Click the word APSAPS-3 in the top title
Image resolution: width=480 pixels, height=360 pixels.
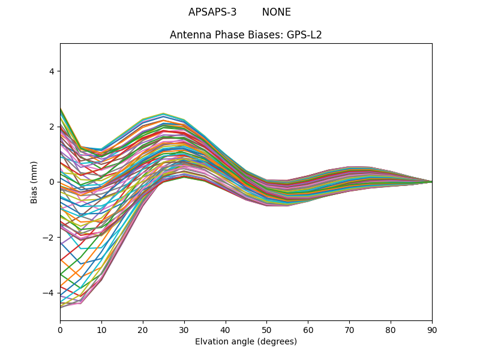212,12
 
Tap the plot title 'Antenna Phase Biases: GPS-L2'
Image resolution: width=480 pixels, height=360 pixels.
246,35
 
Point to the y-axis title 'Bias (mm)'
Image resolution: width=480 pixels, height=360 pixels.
34,182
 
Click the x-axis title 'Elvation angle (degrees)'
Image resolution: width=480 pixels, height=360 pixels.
246,341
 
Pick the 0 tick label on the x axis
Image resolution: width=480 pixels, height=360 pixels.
60,329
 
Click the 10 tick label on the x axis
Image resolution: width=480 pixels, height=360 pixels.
101,329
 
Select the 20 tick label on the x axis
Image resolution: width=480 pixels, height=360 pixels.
143,329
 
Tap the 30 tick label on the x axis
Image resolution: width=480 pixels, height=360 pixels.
184,329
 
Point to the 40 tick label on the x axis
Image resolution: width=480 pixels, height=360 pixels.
226,329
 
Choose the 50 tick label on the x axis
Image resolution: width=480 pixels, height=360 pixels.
266,329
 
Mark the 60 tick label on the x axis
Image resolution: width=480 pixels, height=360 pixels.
308,329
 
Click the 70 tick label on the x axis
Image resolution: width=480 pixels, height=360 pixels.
349,329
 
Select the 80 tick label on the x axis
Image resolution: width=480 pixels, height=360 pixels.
391,329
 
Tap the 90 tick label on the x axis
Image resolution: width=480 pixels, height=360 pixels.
432,329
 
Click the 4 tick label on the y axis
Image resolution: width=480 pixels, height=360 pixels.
52,71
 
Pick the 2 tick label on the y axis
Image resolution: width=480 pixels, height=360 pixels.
52,127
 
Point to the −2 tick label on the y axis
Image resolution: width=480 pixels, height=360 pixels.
49,238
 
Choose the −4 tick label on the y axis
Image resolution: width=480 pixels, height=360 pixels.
49,293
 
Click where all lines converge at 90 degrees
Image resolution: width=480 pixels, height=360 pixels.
431,182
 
